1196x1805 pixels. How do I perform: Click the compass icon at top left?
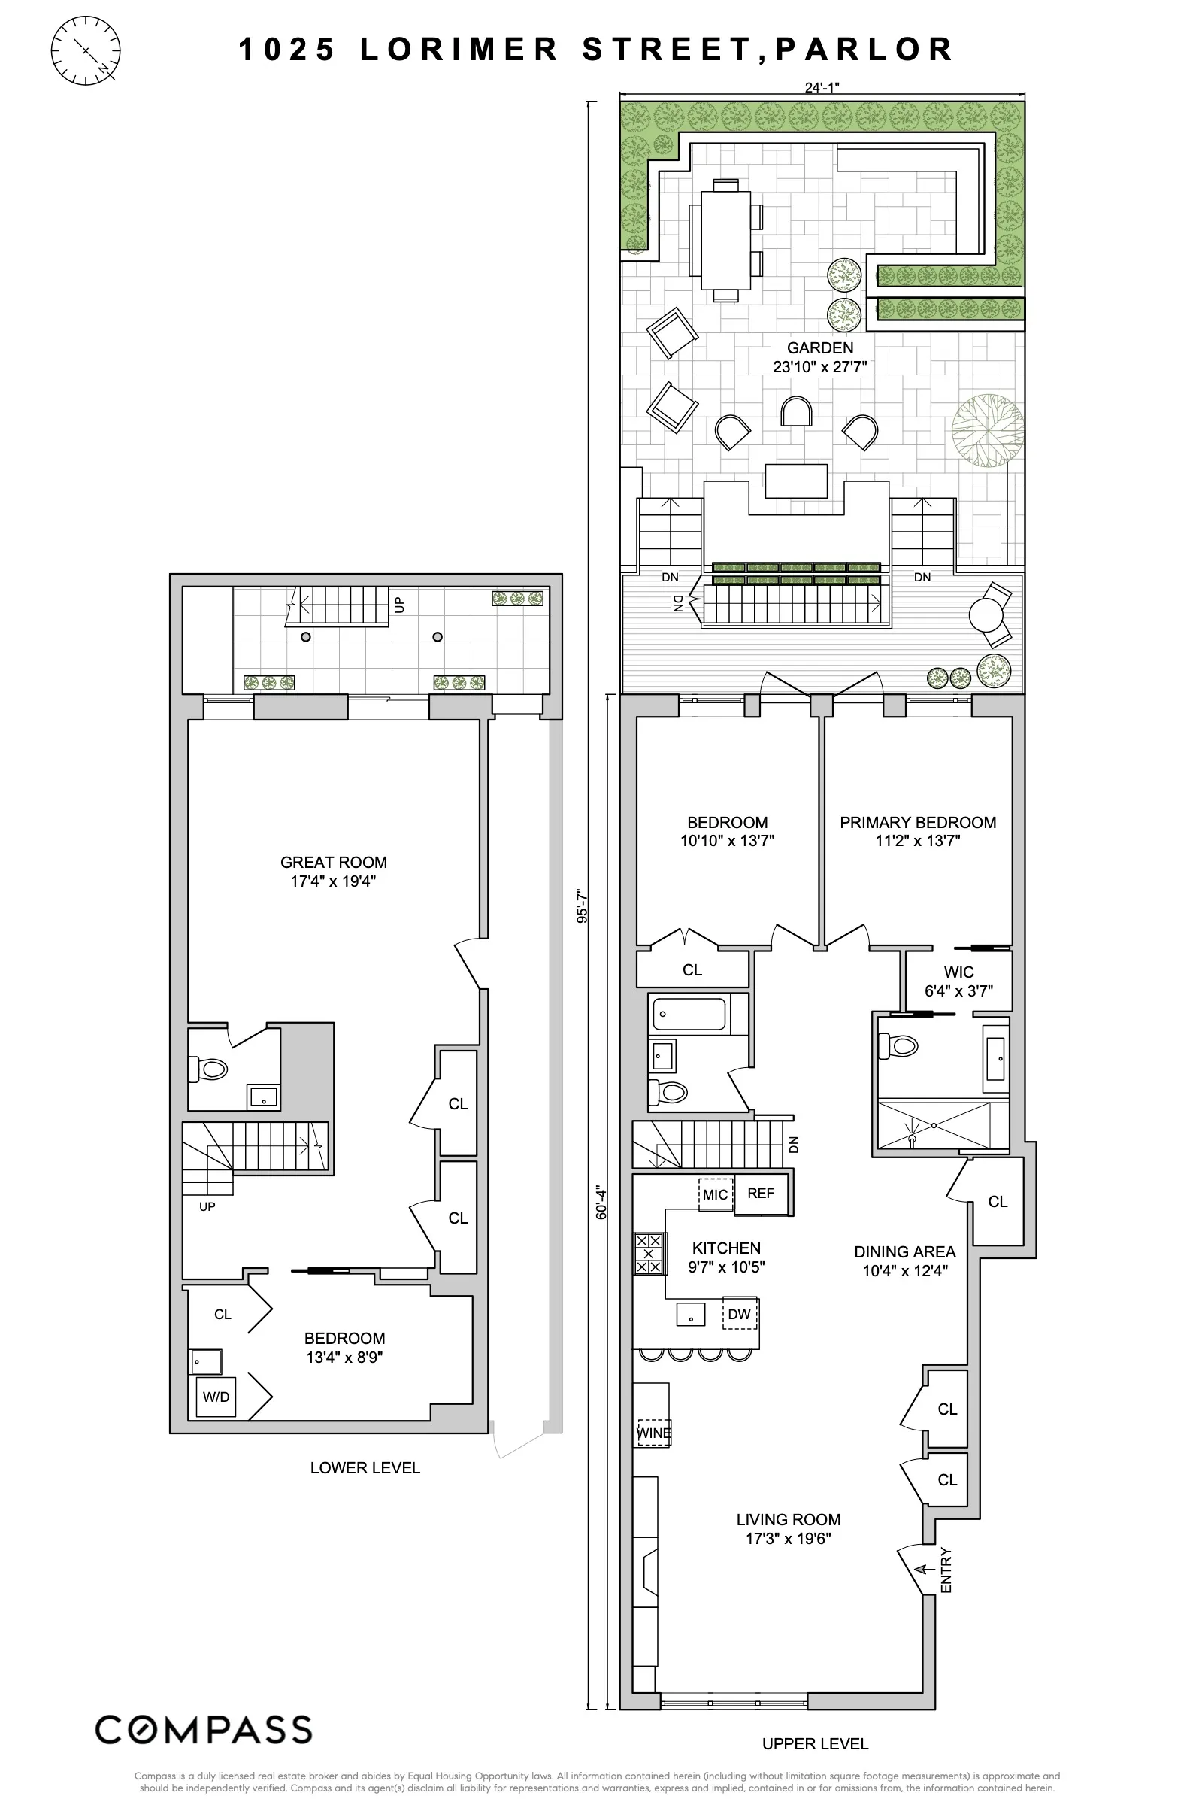pos(86,50)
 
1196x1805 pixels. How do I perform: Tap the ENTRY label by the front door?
pos(946,1570)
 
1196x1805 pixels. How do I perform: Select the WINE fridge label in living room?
pos(654,1433)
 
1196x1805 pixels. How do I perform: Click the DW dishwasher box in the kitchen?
pos(739,1313)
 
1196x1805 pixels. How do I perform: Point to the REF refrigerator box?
pos(761,1193)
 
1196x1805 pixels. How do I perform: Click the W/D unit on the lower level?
pos(216,1397)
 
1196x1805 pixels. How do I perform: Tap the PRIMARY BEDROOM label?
pos(918,822)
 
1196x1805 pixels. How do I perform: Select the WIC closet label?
pos(958,972)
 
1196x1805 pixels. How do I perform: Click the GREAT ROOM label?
pos(333,862)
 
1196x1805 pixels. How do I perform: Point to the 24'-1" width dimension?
pos(822,87)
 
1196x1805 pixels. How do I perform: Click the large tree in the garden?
pos(988,430)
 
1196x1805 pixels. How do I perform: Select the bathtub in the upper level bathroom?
pos(689,1014)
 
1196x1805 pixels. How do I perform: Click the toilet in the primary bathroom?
pos(897,1045)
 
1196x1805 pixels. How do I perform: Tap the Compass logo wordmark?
pos(204,1729)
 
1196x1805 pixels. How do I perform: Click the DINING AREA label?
pos(904,1251)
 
